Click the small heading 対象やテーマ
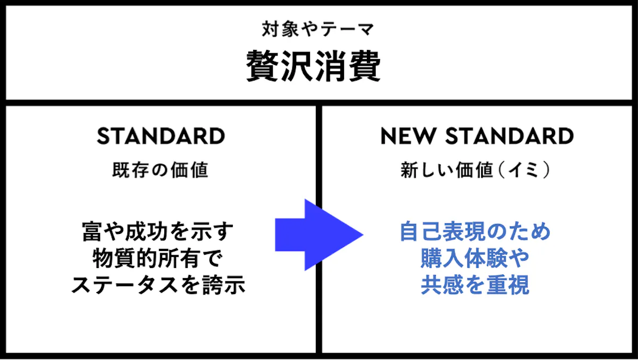318,29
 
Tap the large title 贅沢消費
313,66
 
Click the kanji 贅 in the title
263,66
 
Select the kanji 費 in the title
365,66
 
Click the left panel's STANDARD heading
161,136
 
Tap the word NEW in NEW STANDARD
408,136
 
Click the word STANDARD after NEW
509,136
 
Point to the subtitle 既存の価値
161,170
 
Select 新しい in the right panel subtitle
427,170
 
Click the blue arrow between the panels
319,235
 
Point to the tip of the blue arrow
363,235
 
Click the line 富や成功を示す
157,231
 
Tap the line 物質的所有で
157,258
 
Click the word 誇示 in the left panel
224,285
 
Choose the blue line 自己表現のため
475,231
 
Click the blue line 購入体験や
475,258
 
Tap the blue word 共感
442,285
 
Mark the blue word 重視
508,285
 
